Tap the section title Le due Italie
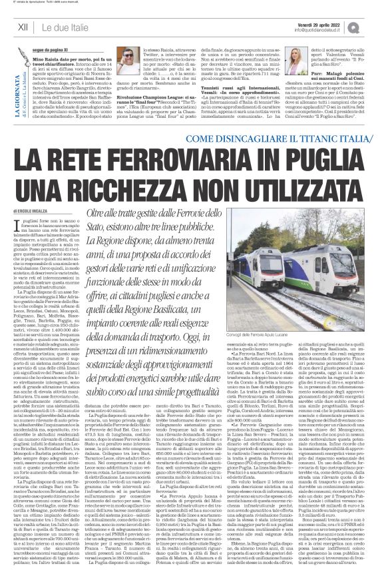[68, 27]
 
